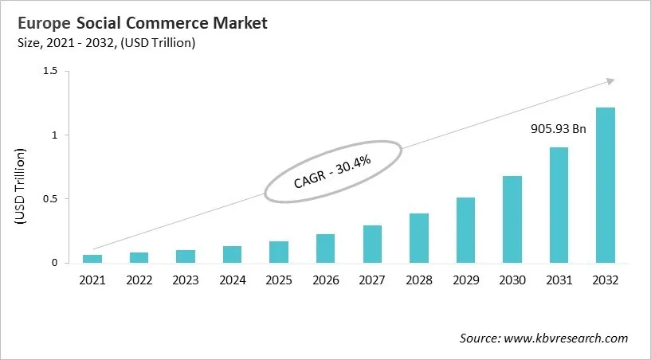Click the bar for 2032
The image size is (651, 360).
(606, 186)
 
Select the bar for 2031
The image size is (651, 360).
(559, 205)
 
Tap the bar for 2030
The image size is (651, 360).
(512, 220)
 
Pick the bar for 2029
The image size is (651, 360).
(465, 230)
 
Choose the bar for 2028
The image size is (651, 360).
(419, 238)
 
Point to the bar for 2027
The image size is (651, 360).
(372, 245)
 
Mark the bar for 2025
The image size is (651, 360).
(279, 252)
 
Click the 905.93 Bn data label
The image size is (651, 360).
(559, 128)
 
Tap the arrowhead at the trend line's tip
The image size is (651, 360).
(610, 80)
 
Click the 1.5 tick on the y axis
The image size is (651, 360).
(51, 72)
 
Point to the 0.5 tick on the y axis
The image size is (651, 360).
(51, 199)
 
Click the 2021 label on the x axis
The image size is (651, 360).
(92, 280)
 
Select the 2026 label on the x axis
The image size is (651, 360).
(325, 280)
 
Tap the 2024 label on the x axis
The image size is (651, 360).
(232, 280)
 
